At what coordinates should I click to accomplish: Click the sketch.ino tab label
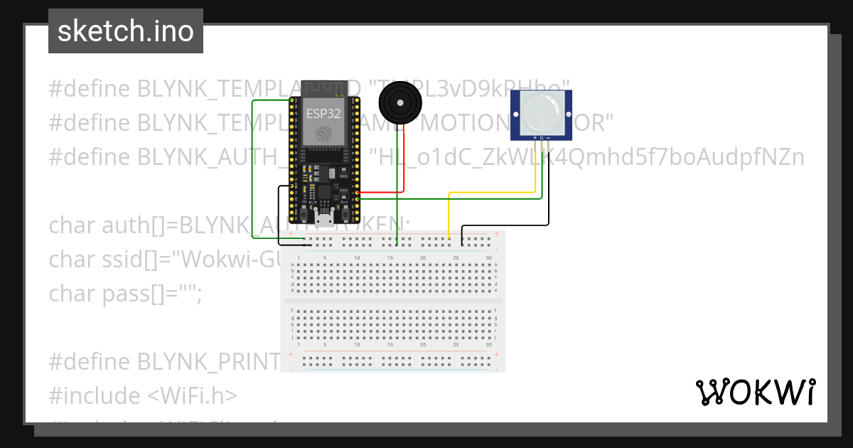(125, 31)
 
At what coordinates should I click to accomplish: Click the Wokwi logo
(755, 393)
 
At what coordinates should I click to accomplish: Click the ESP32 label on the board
(323, 112)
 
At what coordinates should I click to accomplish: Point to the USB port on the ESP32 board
(324, 220)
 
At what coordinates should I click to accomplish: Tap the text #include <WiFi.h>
(143, 395)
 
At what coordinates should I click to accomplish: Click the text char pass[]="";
(126, 292)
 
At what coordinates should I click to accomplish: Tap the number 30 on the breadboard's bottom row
(488, 345)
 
